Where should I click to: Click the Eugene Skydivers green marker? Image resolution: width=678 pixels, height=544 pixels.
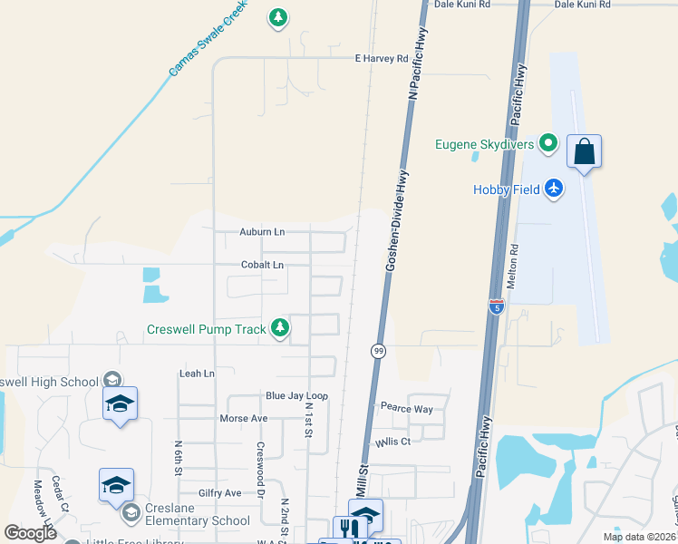[x=547, y=143]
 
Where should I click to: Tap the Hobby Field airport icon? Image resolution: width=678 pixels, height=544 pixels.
[x=555, y=189]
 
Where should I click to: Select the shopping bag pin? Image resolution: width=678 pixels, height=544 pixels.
[x=585, y=151]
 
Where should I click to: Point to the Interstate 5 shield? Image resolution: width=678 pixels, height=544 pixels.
[x=496, y=306]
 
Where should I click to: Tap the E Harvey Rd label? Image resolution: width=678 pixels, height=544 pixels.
[x=381, y=58]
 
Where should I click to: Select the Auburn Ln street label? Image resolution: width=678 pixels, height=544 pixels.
[x=262, y=232]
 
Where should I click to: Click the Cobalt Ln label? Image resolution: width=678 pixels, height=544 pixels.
[x=262, y=265]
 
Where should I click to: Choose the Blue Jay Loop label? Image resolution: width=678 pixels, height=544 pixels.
[x=296, y=396]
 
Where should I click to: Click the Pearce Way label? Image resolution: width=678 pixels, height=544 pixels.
[x=406, y=408]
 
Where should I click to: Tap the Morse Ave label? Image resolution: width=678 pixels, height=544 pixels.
[x=244, y=419]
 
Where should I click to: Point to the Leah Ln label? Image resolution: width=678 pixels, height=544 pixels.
[x=197, y=373]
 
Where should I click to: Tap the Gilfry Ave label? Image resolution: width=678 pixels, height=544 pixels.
[x=220, y=492]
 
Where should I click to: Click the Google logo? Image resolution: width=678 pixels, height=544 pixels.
[x=30, y=533]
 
